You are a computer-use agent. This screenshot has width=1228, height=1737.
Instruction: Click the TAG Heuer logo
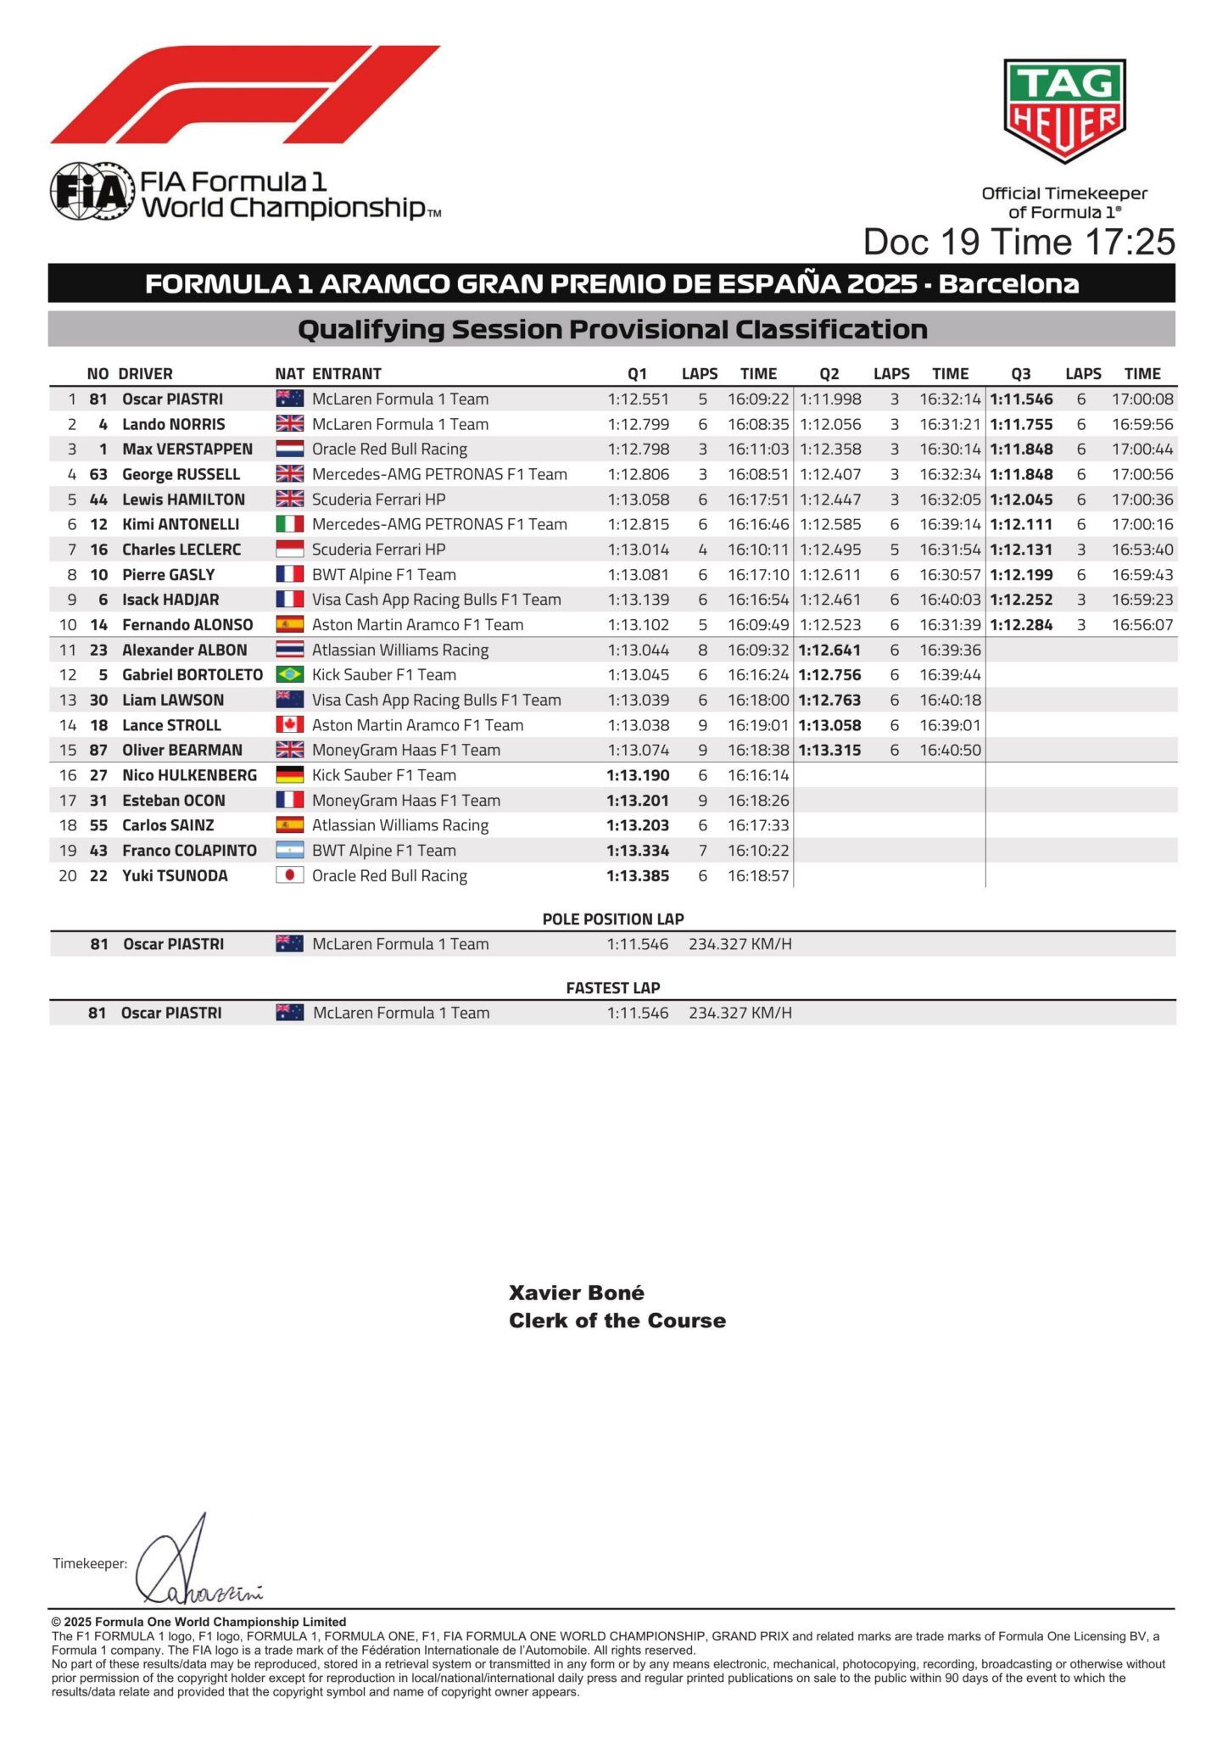tap(1064, 110)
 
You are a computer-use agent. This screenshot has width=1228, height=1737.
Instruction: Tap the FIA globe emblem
tap(92, 192)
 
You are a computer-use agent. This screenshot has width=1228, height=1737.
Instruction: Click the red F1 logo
tap(245, 94)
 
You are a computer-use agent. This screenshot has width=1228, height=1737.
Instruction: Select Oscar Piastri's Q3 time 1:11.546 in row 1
tap(1021, 399)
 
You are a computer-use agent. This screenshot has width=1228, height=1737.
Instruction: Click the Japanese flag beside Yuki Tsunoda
tap(290, 876)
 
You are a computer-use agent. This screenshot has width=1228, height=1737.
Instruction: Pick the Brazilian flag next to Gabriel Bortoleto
tap(290, 675)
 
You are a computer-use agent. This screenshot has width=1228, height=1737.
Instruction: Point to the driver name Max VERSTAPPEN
tap(187, 450)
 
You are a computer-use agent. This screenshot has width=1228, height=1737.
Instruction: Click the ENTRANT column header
tap(347, 374)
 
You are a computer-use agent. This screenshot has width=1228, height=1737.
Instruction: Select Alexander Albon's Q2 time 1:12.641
tap(829, 651)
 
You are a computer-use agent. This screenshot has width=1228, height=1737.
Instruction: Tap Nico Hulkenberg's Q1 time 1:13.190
tap(638, 775)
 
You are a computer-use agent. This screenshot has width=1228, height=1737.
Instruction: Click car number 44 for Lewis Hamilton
tap(98, 500)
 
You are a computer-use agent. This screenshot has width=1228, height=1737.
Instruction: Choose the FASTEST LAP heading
tap(613, 988)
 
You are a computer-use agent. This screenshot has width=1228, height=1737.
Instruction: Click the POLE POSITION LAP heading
tap(613, 919)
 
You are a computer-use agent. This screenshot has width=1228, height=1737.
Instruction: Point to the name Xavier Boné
tap(577, 1293)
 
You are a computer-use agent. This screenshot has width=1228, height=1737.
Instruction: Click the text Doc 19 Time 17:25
tap(1019, 242)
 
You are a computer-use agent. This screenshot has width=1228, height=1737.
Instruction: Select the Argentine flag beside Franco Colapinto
tap(290, 851)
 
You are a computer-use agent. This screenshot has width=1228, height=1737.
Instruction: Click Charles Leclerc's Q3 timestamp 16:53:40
tap(1142, 550)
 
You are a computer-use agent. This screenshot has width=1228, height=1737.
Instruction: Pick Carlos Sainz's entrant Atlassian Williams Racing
tap(400, 825)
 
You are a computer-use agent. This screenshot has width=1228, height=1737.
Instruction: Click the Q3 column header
tap(1021, 374)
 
